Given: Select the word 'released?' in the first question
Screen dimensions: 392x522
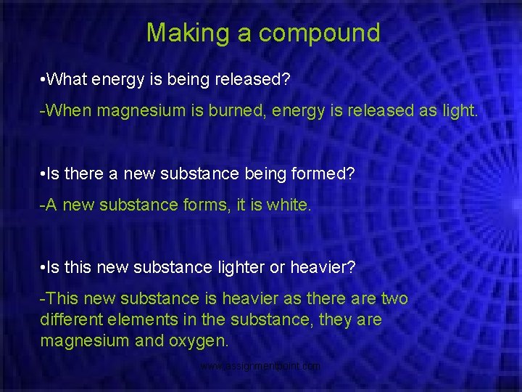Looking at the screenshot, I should (252, 78).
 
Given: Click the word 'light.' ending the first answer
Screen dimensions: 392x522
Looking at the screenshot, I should (457, 110).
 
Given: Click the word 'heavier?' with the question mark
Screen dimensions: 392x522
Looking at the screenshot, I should (323, 267).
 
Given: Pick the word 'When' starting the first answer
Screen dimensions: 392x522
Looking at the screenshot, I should (68, 110).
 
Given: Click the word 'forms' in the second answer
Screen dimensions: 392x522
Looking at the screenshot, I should (191, 205).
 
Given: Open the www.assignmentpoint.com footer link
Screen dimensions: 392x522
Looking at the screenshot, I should (260, 367).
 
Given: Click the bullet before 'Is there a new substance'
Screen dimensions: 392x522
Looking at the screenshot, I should (44, 173).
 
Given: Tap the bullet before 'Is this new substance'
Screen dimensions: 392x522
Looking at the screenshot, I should (44, 267).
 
